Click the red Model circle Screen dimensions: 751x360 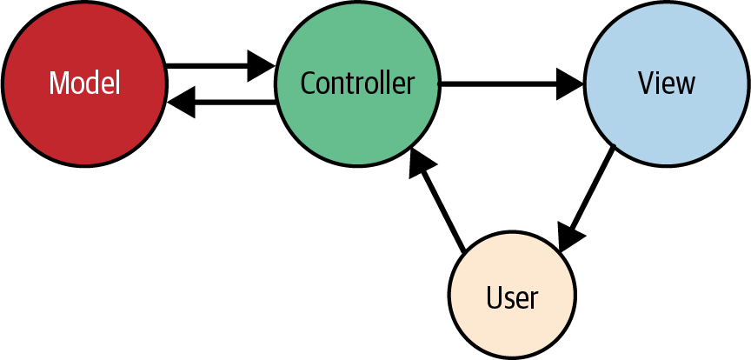pos(84,83)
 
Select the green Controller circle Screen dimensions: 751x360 pos(357,83)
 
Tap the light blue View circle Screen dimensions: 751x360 pos(667,83)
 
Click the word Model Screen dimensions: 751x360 pos(84,83)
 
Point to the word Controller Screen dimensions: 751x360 pos(357,83)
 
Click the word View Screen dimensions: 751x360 pos(666,83)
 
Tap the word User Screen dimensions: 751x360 pos(512,297)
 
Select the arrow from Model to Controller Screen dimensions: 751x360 pos(220,66)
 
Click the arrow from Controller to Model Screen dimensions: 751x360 pos(222,102)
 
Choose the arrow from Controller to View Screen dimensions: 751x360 pos(511,83)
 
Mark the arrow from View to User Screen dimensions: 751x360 pos(587,198)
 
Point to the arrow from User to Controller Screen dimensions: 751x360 pos(437,199)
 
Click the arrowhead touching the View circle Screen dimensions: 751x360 pos(570,83)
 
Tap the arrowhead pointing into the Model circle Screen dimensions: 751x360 pos(181,102)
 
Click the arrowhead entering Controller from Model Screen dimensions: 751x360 pos(262,66)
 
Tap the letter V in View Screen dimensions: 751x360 pos(646,83)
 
